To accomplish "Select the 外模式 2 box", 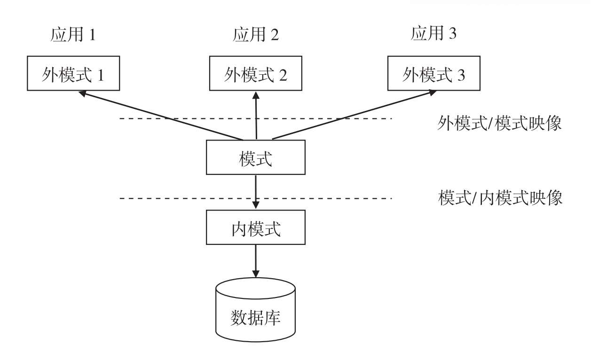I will pos(255,74).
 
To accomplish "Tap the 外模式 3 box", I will pos(433,74).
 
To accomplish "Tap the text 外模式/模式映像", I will pos(499,123).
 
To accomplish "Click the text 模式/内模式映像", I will pos(500,198).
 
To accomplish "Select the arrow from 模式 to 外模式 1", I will pos(160,116).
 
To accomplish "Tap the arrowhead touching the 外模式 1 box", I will pos(83,94).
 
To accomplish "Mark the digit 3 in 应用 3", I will pos(453,34).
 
